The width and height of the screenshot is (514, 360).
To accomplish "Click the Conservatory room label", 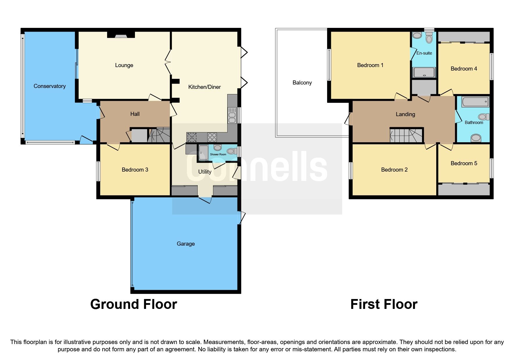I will pyautogui.click(x=49, y=86).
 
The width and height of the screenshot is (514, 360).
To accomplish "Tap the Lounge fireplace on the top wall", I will pyautogui.click(x=121, y=35).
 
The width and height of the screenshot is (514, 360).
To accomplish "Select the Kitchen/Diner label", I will pyautogui.click(x=204, y=87).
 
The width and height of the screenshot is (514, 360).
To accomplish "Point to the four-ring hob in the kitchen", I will pyautogui.click(x=212, y=136).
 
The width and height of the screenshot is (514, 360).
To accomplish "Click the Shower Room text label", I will pyautogui.click(x=218, y=154).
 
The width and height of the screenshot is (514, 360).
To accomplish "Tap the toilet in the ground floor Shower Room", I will pyautogui.click(x=231, y=151).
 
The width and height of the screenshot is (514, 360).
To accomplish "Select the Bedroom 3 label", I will pyautogui.click(x=135, y=170).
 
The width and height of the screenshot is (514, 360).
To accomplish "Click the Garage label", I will pyautogui.click(x=185, y=244).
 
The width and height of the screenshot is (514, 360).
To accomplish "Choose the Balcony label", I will pyautogui.click(x=302, y=82).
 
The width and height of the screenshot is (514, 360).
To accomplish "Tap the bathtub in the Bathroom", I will pyautogui.click(x=475, y=102).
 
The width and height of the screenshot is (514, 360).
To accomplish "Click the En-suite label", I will pyautogui.click(x=424, y=53).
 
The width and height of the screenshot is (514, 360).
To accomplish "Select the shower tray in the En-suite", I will pyautogui.click(x=424, y=73).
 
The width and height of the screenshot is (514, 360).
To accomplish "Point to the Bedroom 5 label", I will pyautogui.click(x=463, y=163).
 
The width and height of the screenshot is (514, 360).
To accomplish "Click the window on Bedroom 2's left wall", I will pyautogui.click(x=351, y=170).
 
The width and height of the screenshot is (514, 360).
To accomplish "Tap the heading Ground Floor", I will pyautogui.click(x=134, y=304).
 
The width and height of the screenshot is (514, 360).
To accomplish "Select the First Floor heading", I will pyautogui.click(x=383, y=304).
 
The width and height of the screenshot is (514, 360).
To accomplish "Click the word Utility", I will pyautogui.click(x=204, y=172).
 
